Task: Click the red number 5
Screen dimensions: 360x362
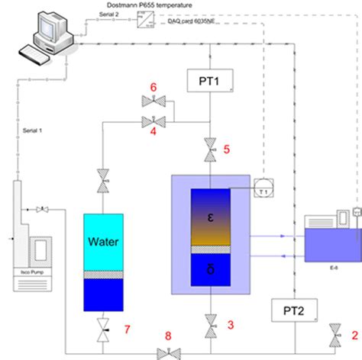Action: click(226, 149)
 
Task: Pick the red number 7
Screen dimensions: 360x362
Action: click(127, 329)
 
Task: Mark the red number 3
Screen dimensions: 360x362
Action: click(230, 325)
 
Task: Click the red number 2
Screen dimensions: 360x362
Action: click(353, 333)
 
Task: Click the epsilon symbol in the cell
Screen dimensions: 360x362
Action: click(209, 217)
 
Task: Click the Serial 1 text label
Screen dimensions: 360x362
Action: click(35, 130)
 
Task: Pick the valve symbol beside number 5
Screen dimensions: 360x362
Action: click(210, 150)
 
